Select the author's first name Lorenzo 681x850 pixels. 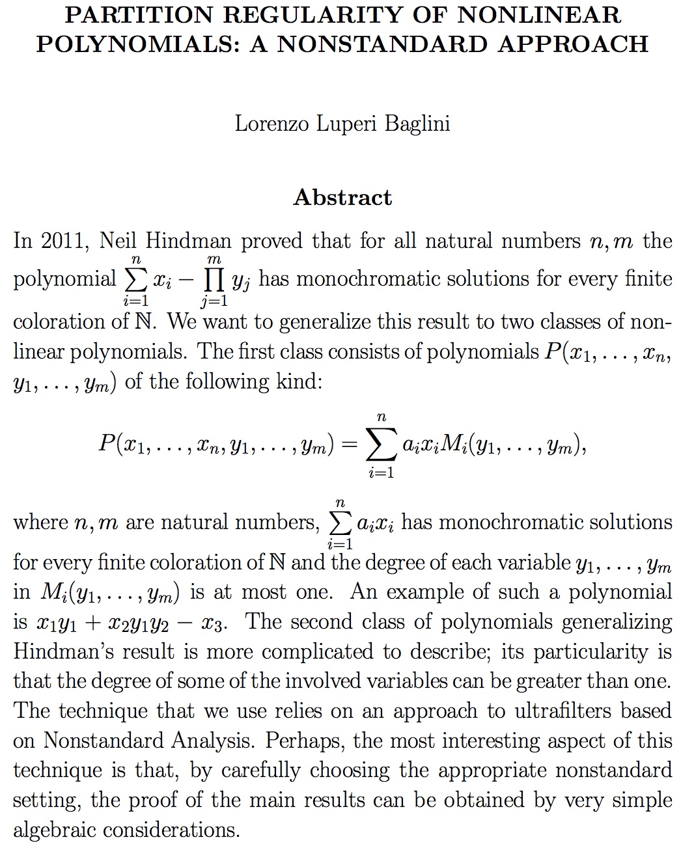click(272, 123)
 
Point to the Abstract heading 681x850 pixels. click(342, 197)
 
